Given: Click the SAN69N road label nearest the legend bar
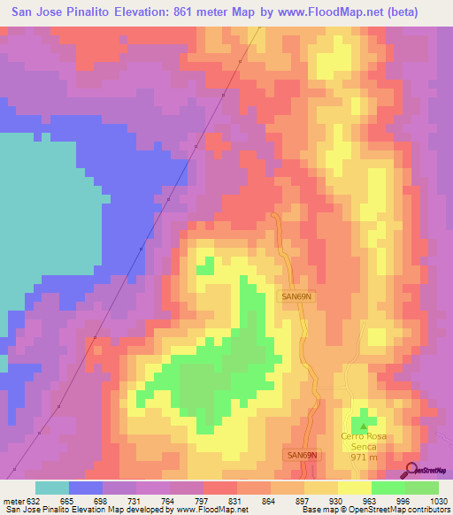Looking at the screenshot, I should pos(302,455).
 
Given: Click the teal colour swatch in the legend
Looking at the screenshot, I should pos(52,488).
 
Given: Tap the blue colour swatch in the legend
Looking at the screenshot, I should pos(86,488).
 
